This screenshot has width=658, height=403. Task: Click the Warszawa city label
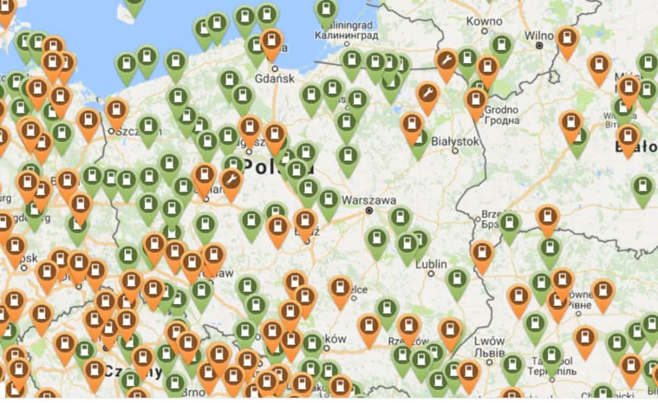369,200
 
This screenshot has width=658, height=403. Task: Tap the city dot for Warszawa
369,210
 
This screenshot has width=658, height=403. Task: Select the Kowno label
484,21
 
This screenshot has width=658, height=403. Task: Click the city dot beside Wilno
540,46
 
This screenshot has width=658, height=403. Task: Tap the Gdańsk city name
274,78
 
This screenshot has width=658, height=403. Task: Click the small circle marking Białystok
455,151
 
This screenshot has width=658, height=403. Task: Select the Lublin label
431,264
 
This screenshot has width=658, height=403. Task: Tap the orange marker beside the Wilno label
567,38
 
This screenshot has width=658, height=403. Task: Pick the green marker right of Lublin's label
457,280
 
